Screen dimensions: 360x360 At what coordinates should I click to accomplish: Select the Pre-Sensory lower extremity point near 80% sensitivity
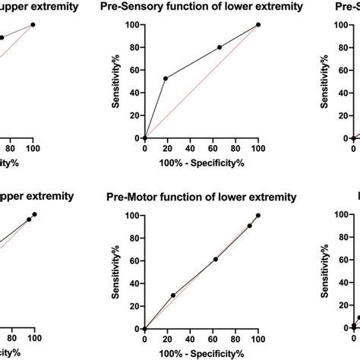[219, 47]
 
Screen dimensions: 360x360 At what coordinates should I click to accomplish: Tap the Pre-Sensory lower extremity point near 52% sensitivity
[165, 78]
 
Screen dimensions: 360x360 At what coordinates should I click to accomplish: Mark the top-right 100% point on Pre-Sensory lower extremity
[258, 24]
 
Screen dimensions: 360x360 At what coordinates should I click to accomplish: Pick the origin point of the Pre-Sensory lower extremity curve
[144, 138]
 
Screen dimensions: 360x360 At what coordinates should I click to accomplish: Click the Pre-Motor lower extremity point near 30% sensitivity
[173, 295]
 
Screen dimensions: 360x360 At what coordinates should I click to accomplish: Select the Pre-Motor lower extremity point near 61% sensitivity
[216, 259]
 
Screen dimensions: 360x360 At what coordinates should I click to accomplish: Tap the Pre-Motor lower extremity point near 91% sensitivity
[250, 226]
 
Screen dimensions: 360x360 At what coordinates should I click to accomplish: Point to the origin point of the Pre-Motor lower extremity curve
[144, 329]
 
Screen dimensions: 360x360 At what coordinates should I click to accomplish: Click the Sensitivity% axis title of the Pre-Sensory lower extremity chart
[115, 81]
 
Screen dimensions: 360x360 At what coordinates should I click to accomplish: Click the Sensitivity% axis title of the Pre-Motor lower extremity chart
[115, 272]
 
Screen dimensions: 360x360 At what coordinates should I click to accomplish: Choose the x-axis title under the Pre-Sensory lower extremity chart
[201, 163]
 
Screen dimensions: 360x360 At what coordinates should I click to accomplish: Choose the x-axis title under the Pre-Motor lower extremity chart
[201, 353]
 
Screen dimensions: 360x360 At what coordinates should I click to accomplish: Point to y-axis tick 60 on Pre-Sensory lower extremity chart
[134, 70]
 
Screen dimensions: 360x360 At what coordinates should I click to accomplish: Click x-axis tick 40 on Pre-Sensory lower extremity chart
[190, 149]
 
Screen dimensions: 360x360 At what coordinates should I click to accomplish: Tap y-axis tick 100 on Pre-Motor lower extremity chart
[131, 216]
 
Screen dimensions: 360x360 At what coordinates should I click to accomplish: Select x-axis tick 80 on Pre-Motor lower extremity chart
[235, 339]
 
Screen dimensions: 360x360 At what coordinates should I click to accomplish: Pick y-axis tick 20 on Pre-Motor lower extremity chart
[134, 306]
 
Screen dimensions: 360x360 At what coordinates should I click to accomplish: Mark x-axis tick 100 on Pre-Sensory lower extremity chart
[258, 149]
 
